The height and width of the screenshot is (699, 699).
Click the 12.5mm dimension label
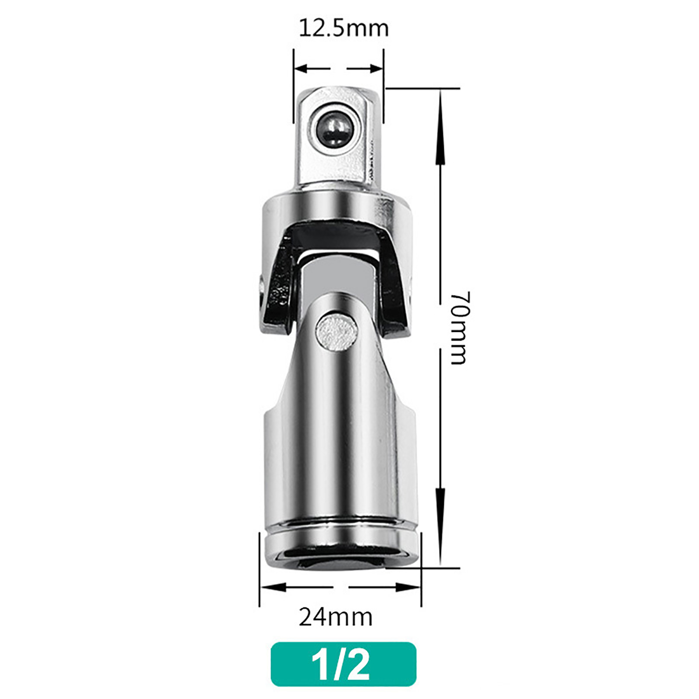[343, 28]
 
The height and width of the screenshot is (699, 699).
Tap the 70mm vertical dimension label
[459, 328]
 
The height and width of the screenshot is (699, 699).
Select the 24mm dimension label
[336, 617]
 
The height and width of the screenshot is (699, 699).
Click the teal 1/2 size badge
[343, 664]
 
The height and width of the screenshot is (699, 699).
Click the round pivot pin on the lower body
[336, 332]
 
